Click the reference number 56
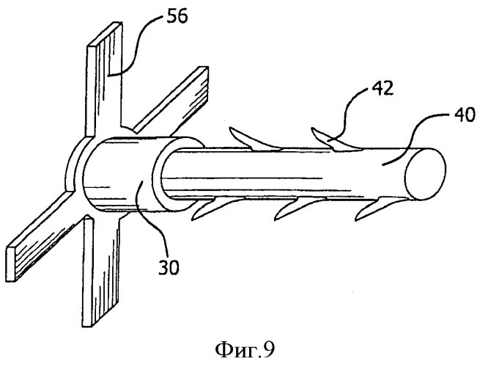[x=177, y=18]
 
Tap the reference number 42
[x=382, y=89]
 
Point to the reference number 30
[x=169, y=268]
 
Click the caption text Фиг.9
[x=245, y=349]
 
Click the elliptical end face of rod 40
[x=425, y=174]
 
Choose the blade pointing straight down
[x=100, y=270]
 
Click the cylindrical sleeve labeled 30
[x=122, y=174]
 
